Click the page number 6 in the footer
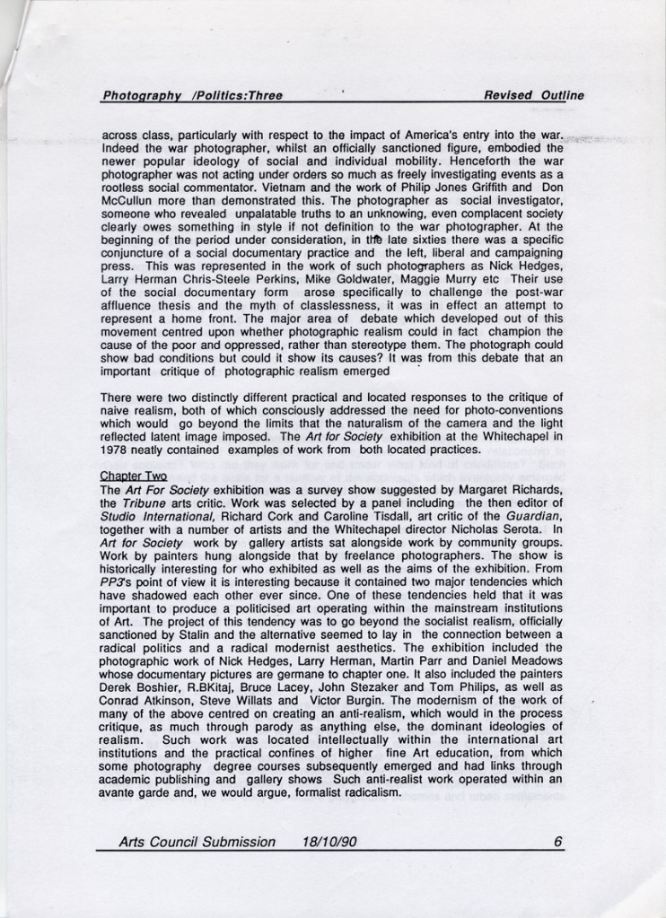tap(557, 842)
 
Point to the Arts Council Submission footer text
tap(197, 842)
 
